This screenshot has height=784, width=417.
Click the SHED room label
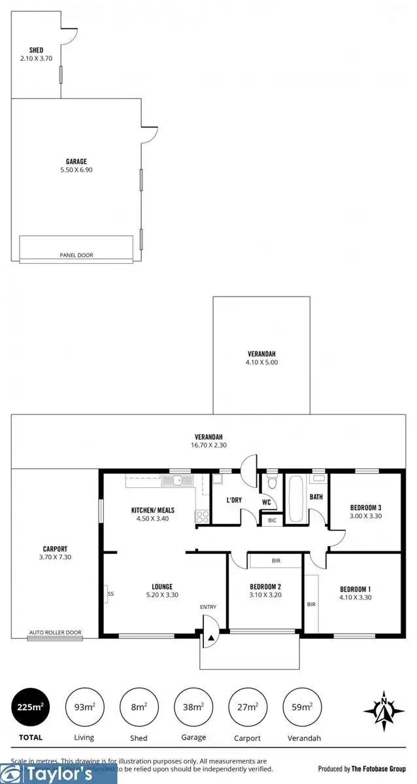pyautogui.click(x=36, y=50)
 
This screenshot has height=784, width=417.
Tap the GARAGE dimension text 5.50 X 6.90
pyautogui.click(x=76, y=170)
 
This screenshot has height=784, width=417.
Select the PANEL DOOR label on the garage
pyautogui.click(x=76, y=255)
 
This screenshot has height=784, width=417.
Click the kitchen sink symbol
pyautogui.click(x=177, y=482)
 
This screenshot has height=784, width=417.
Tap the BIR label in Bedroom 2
pyautogui.click(x=276, y=561)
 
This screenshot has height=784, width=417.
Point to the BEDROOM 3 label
pyautogui.click(x=365, y=508)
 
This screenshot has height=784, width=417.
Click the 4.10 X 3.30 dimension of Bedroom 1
pyautogui.click(x=356, y=596)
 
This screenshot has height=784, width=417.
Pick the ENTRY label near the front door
pyautogui.click(x=208, y=608)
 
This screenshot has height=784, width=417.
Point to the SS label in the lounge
pyautogui.click(x=110, y=594)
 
